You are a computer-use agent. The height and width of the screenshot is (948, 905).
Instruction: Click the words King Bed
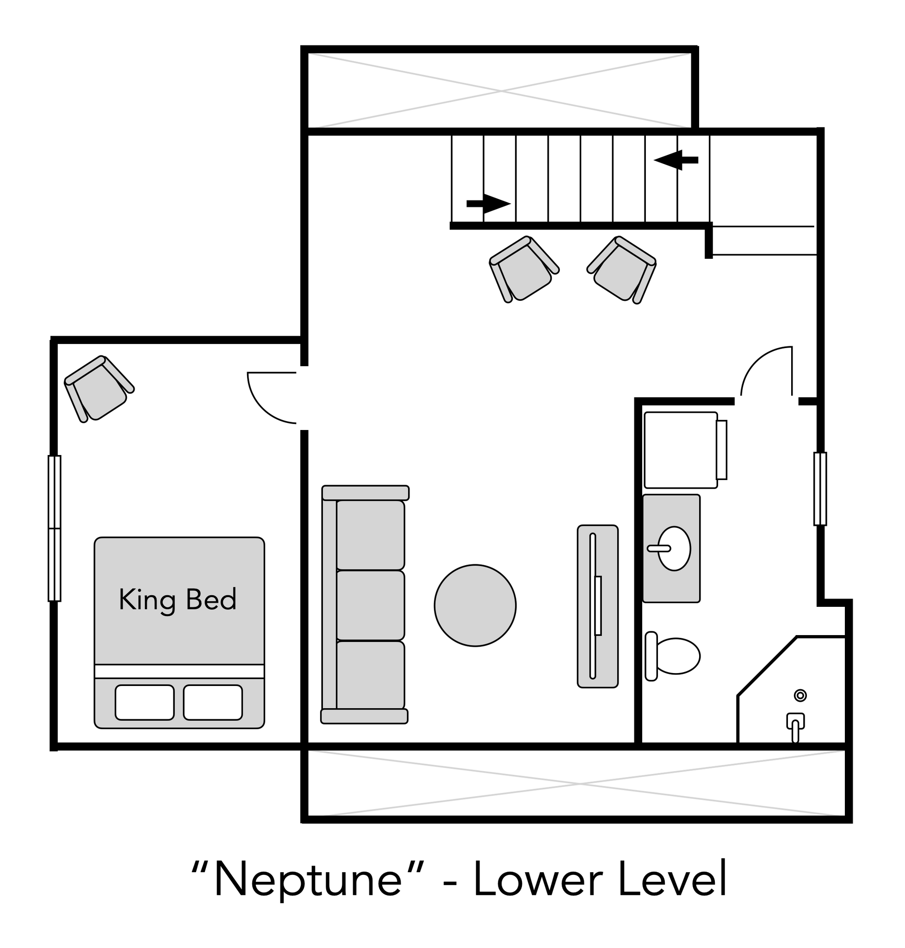(x=178, y=600)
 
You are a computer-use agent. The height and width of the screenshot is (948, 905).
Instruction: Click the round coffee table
(x=475, y=605)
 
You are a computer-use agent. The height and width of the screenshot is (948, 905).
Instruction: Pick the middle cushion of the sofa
(x=370, y=605)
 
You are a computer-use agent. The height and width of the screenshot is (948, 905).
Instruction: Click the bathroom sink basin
(x=674, y=549)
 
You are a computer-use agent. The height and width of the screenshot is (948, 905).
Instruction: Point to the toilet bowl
(x=678, y=656)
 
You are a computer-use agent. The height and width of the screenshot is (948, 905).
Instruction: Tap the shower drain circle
(x=800, y=696)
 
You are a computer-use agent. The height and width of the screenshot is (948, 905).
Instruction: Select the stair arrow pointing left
(x=676, y=160)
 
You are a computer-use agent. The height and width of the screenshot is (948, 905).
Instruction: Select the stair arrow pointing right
(x=489, y=204)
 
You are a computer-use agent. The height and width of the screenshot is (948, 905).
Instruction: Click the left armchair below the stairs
(x=524, y=269)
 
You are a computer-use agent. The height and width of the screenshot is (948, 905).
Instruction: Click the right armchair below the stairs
(x=622, y=269)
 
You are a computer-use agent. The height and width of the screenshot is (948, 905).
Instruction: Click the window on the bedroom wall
(x=55, y=529)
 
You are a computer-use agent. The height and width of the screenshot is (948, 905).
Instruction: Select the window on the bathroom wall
(x=820, y=488)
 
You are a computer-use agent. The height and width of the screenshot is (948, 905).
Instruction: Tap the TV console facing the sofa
(x=598, y=606)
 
